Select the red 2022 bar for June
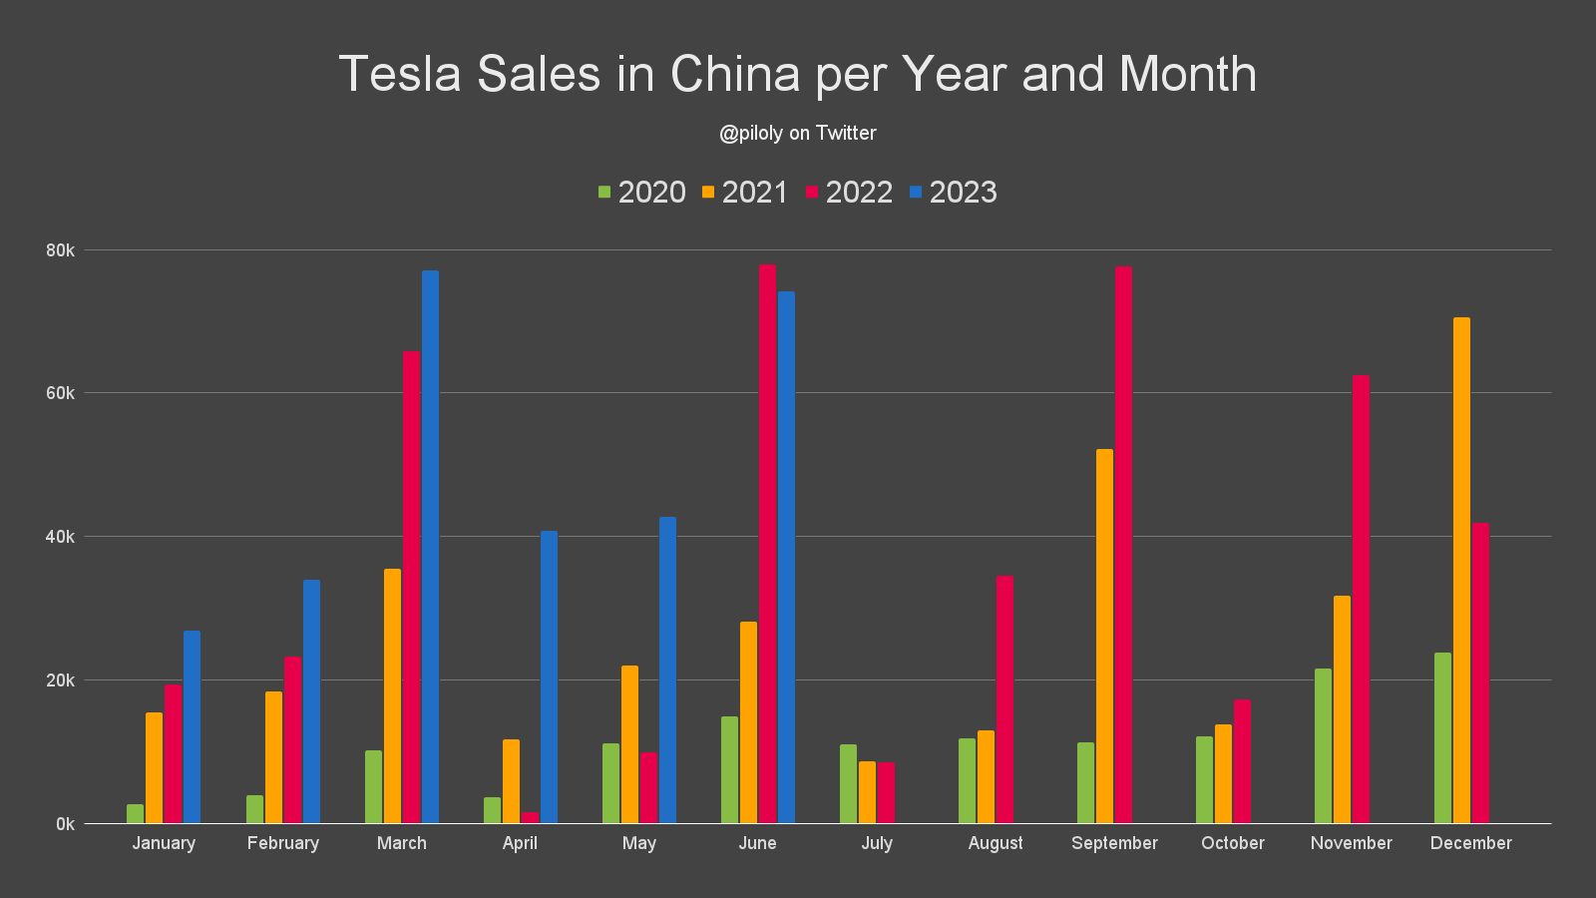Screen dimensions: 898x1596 [x=767, y=544]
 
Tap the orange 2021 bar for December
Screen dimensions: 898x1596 [x=1461, y=570]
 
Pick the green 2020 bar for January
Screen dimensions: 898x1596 [x=135, y=814]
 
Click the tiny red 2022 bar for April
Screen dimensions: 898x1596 [x=530, y=818]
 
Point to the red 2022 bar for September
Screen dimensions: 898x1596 [x=1123, y=545]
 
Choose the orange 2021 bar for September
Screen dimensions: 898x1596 [x=1104, y=636]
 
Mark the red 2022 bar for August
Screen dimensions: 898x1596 [x=1004, y=699]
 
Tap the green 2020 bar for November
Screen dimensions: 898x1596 [x=1323, y=745]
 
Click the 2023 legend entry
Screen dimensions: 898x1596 [x=953, y=192]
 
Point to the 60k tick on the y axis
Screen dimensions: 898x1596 [x=61, y=393]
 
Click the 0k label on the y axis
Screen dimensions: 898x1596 [x=65, y=824]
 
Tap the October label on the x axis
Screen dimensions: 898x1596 [x=1232, y=843]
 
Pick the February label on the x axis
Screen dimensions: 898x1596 [x=283, y=843]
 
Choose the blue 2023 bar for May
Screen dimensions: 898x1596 [x=667, y=670]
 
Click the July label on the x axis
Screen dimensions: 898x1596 [x=877, y=843]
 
